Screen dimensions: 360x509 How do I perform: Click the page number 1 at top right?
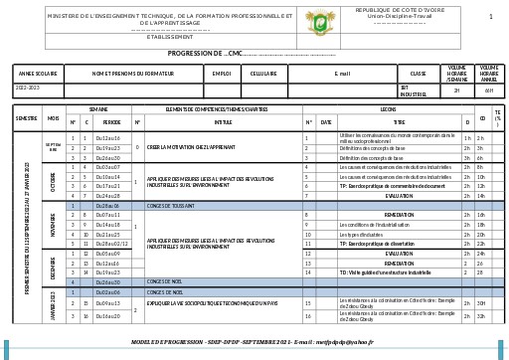pyautogui.click(x=490, y=17)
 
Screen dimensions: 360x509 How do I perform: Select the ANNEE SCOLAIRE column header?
pyautogui.click(x=38, y=74)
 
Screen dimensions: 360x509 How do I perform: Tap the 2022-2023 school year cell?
pyautogui.click(x=27, y=90)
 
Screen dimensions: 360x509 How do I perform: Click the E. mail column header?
pyautogui.click(x=342, y=74)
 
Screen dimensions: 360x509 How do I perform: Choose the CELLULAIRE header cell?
pyautogui.click(x=263, y=74)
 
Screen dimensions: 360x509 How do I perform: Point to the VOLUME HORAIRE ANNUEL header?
pyautogui.click(x=489, y=74)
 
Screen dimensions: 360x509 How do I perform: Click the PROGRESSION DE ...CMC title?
pyautogui.click(x=205, y=53)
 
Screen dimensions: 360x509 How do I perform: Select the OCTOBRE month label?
pyautogui.click(x=53, y=184)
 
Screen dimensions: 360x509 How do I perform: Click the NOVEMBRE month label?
pyautogui.click(x=53, y=228)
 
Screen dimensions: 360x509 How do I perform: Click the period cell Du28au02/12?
pyautogui.click(x=111, y=244)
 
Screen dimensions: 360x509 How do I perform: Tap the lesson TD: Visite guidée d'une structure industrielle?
pyautogui.click(x=386, y=272)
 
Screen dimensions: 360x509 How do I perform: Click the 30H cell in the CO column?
pyautogui.click(x=481, y=303)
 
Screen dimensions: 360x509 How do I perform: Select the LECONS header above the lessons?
pyautogui.click(x=388, y=108)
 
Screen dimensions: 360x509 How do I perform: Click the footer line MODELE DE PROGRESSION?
pyautogui.click(x=253, y=340)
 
